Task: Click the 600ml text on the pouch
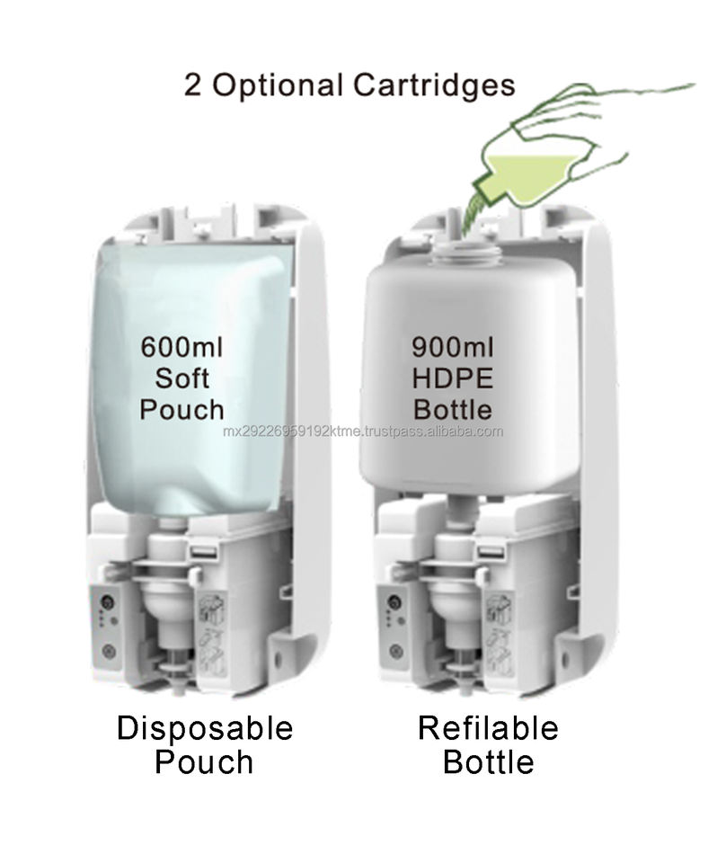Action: coord(182,346)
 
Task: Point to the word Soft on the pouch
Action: coord(181,378)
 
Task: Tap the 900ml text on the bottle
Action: coord(452,346)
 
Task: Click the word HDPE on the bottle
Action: coord(452,378)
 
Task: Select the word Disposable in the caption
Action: coord(205,727)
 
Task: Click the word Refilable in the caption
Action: coord(488,727)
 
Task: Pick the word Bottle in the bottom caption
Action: coord(489,762)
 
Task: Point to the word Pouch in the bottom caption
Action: coord(204,762)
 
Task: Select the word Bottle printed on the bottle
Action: coord(452,409)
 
